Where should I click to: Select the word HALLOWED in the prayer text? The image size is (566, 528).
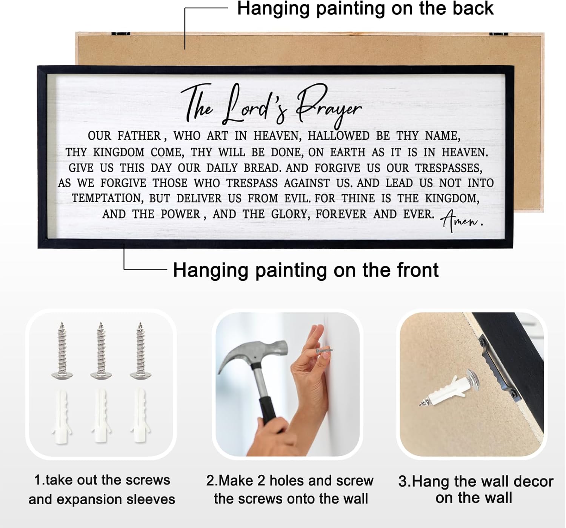point(338,136)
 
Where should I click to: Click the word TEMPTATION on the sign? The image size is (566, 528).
point(108,199)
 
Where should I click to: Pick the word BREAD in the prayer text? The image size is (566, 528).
point(262,168)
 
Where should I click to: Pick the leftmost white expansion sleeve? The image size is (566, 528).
point(62,416)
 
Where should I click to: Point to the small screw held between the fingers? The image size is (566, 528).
point(325,350)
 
